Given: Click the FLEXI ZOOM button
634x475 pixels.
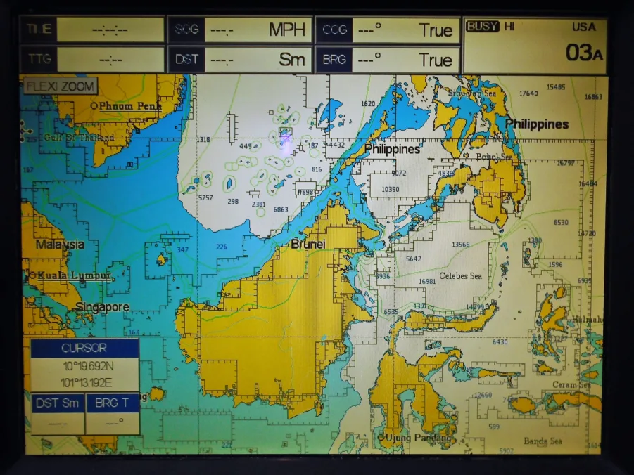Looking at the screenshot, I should [61, 87].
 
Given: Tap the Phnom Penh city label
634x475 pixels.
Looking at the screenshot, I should [130, 106].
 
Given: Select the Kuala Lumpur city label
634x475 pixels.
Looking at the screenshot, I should [74, 275].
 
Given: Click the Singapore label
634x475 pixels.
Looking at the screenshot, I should [103, 307].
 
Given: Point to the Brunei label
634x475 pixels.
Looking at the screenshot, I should [308, 244].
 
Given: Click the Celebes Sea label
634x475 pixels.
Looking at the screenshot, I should [461, 275].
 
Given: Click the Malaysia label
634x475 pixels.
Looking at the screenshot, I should [61, 245].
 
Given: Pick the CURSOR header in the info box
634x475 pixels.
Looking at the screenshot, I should [84, 348].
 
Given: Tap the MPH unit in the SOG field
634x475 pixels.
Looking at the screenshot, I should [287, 30].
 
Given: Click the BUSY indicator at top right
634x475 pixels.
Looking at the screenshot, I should [482, 26].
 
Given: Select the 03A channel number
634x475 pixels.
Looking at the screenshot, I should [584, 53].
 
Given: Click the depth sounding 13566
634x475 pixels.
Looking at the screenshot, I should [460, 245].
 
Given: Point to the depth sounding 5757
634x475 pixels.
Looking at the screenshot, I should [205, 198].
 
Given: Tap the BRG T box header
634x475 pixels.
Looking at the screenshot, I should [113, 403].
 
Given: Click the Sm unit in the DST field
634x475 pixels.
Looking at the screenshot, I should [291, 60].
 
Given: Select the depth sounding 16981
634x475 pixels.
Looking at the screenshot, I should [427, 281].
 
